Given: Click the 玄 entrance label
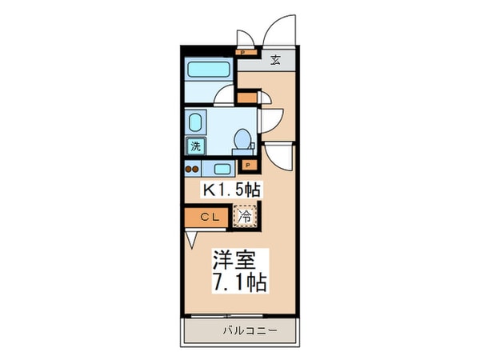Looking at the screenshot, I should [x=274, y=59].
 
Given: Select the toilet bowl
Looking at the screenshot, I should [x=241, y=141].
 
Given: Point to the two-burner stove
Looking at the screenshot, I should [x=192, y=168].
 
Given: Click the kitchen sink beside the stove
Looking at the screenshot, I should [x=222, y=168].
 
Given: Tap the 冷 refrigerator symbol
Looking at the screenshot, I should [x=246, y=215].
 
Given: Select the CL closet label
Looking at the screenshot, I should [x=210, y=216].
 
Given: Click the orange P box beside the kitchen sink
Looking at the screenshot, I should [x=248, y=166].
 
